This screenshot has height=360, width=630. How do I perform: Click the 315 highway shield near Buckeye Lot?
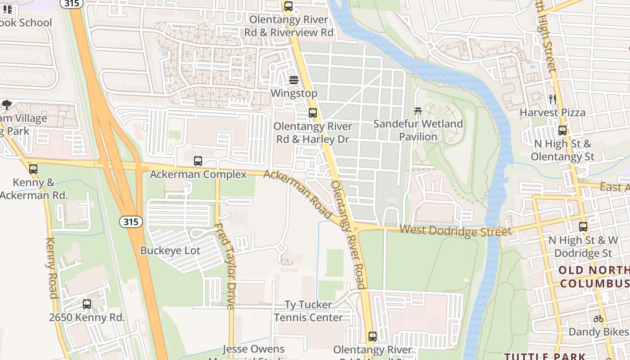(x=131, y=222)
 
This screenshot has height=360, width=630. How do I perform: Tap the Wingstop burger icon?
(x=294, y=80)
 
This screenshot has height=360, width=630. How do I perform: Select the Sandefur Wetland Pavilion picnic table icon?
(x=418, y=110)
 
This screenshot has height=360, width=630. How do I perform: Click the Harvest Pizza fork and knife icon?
(x=553, y=99)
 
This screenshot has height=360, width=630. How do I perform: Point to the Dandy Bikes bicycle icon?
(x=598, y=319)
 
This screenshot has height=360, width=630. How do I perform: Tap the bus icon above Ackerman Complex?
(x=198, y=161)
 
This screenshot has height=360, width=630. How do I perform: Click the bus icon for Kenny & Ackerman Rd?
(x=33, y=169)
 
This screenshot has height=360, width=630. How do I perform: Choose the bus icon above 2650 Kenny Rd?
(x=87, y=304)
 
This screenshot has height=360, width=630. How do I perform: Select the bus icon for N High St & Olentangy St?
(x=562, y=130)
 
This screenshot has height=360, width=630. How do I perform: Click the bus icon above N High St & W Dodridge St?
(x=583, y=227)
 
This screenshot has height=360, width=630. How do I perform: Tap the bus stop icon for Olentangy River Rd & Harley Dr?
(x=313, y=113)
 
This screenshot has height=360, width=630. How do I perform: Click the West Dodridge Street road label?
(x=455, y=231)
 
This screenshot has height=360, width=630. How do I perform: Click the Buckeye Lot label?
(x=170, y=251)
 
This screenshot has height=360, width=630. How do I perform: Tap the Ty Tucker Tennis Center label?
(x=309, y=311)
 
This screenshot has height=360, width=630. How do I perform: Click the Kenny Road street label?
(x=52, y=268)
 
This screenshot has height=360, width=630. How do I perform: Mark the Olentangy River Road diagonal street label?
(x=348, y=234)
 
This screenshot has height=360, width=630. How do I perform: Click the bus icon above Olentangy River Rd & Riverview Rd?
(x=288, y=6)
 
